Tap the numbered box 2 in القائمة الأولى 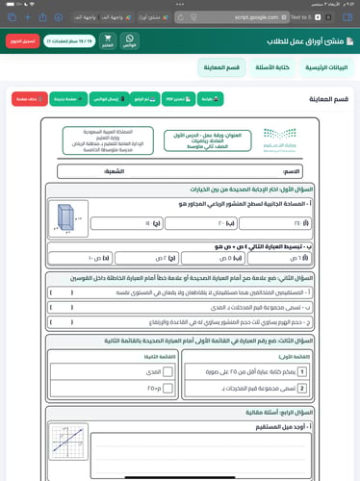(303, 386)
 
